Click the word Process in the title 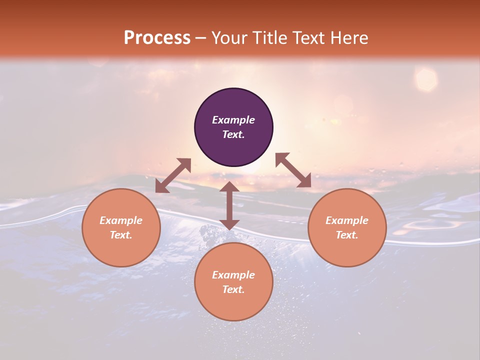pos(157,38)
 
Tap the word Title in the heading pos(270,38)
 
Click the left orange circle pos(121,227)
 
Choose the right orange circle pos(347,227)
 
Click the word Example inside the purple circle pos(233,120)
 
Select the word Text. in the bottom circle pos(233,289)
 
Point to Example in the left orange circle pos(121,220)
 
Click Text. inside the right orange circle pos(347,235)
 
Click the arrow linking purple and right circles pos(293,170)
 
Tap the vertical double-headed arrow pos(229,205)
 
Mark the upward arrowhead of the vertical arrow pos(229,186)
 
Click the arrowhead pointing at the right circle pos(304,181)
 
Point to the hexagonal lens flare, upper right pos(426,79)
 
